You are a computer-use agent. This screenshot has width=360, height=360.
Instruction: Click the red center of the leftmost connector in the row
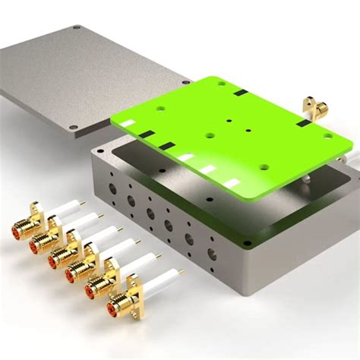click(x=17, y=226)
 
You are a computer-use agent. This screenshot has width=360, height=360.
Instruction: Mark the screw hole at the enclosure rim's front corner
click(x=247, y=243)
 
